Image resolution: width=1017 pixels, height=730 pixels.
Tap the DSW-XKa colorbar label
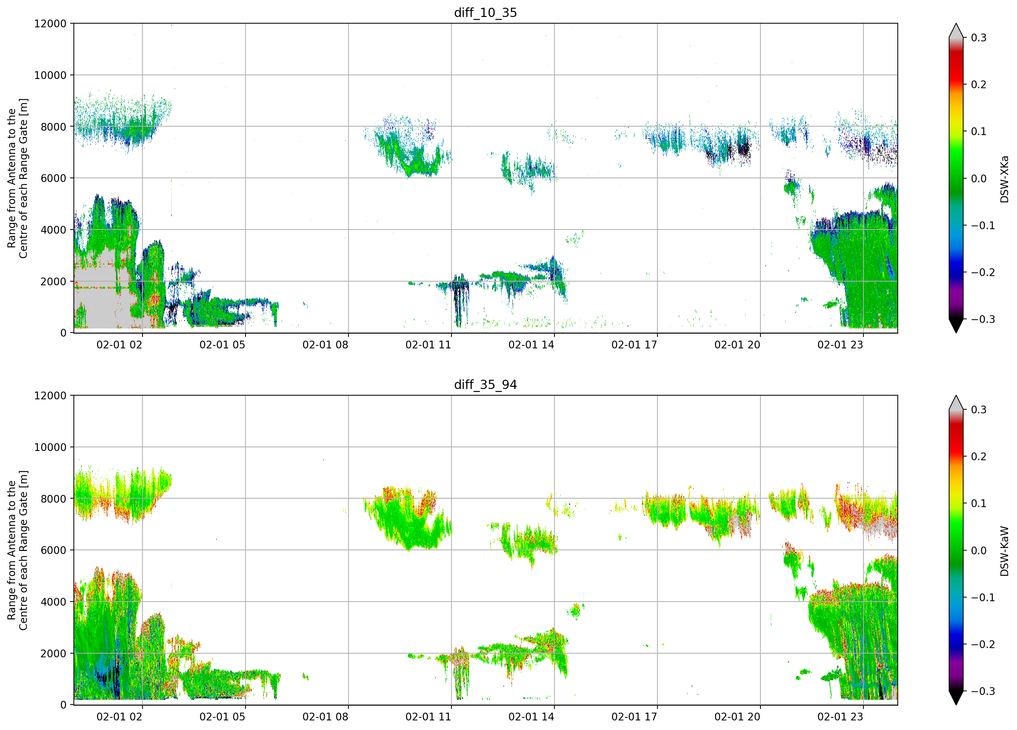point(1004,179)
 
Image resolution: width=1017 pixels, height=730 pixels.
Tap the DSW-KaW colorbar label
point(1004,551)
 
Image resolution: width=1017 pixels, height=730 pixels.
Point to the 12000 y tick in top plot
point(50,23)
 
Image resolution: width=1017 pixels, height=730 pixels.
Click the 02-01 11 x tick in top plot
point(428,345)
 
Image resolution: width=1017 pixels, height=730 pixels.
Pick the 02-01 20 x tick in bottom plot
point(737,717)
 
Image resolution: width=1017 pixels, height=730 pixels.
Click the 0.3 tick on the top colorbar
point(979,38)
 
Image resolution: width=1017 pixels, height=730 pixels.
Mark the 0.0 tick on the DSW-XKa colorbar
point(979,179)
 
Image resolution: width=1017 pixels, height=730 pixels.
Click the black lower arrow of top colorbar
point(956,326)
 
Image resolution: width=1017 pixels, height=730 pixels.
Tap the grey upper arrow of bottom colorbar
point(956,402)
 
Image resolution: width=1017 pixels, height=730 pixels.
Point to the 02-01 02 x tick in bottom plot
point(119,717)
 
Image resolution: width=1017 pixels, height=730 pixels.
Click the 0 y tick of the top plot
point(63,333)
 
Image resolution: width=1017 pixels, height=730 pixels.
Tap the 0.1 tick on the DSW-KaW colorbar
point(979,503)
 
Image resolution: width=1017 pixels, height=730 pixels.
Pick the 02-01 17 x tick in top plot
point(634,345)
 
